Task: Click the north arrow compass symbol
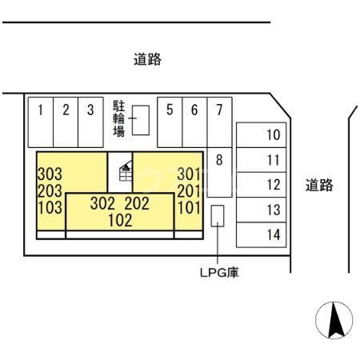pos(334,322)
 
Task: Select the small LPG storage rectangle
pos(218,216)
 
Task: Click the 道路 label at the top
pos(147,59)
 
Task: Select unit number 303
pos(50,173)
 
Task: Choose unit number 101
pos(190,206)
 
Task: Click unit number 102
pos(119,219)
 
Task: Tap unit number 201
pos(190,190)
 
